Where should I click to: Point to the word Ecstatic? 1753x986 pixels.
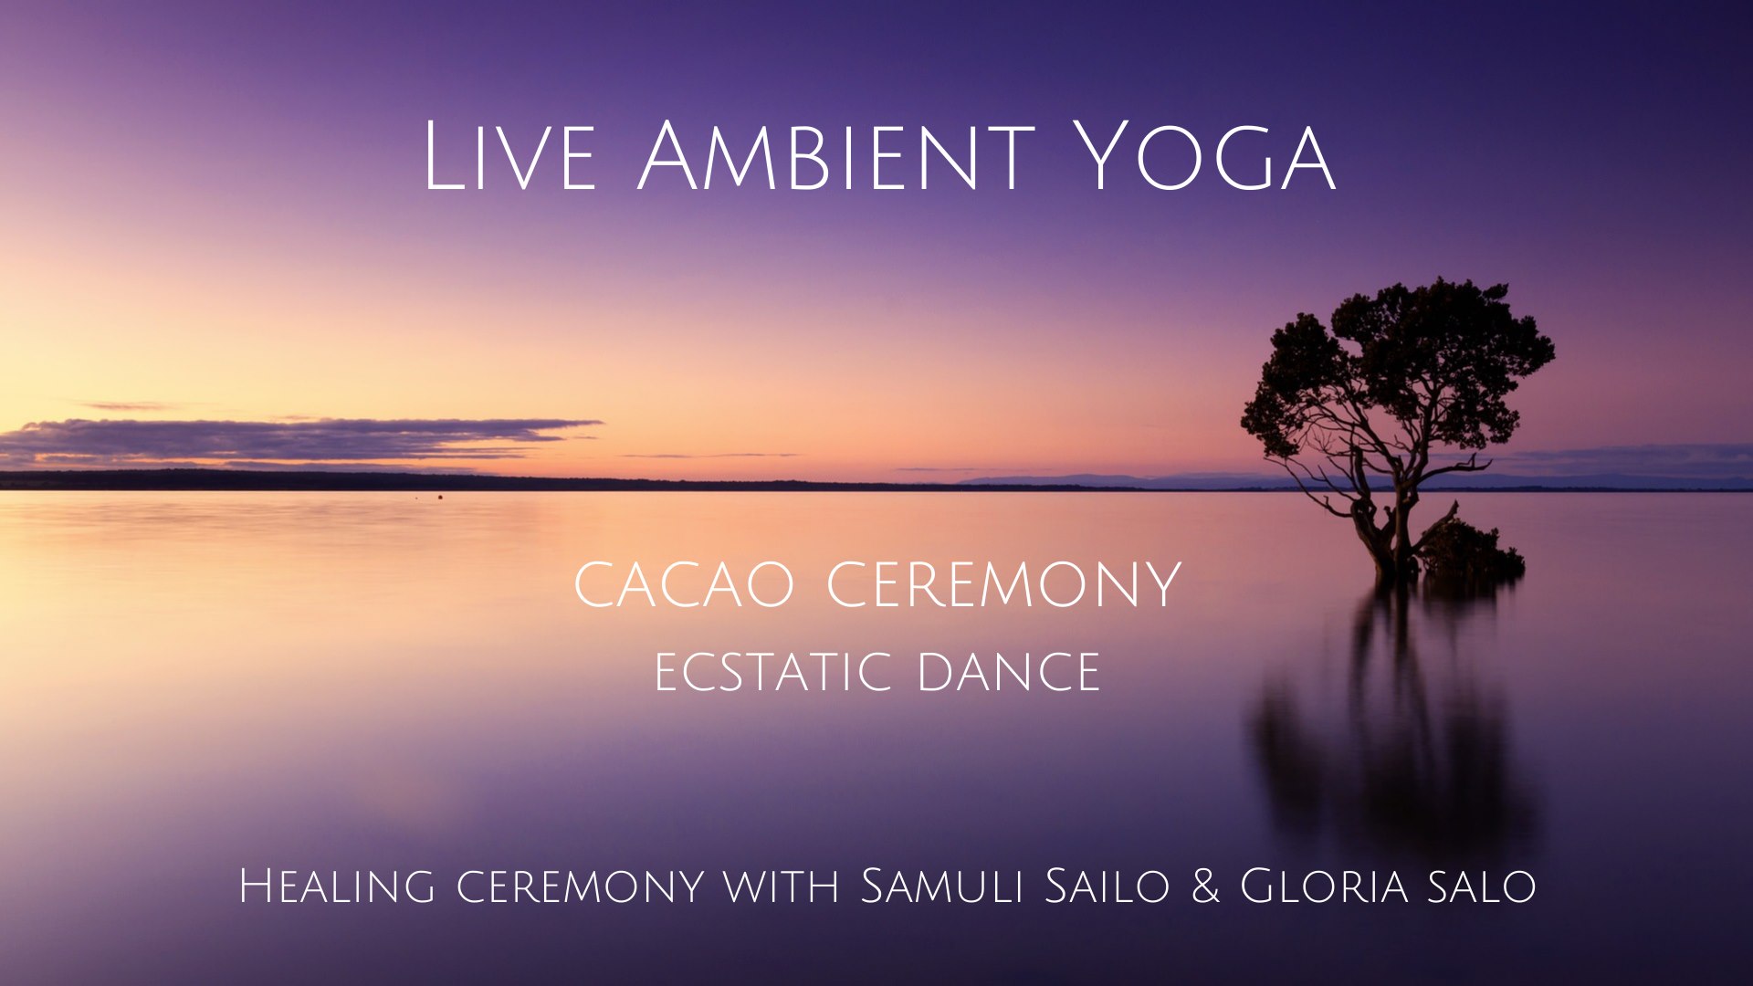[772, 672]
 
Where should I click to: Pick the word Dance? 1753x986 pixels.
[1008, 672]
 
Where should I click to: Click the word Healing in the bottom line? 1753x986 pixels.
[336, 886]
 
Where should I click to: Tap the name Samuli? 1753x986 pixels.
[942, 886]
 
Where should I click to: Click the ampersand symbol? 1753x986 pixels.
[1205, 886]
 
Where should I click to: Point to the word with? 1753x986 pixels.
[782, 886]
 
